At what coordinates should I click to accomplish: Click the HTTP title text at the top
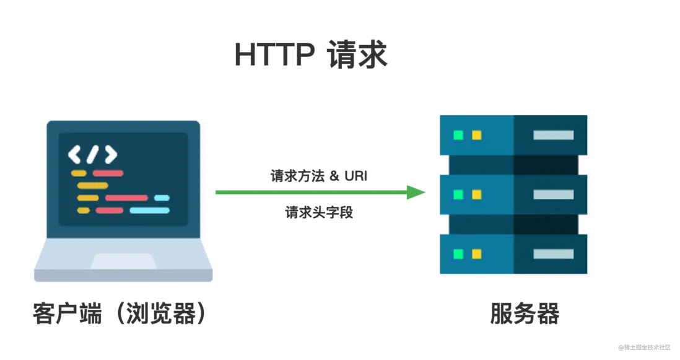[312, 56]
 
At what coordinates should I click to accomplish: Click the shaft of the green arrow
[310, 193]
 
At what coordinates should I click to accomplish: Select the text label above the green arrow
[320, 175]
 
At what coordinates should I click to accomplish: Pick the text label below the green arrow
[320, 214]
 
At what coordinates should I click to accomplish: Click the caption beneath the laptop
[118, 314]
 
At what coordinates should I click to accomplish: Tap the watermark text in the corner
[645, 347]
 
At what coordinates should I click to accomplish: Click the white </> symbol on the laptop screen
[92, 154]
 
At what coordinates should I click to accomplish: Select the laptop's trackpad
[123, 261]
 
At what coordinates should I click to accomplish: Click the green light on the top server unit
[458, 135]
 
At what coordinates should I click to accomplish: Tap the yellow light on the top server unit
[476, 135]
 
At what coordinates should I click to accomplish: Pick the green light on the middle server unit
[458, 195]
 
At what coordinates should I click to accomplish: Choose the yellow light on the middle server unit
[476, 195]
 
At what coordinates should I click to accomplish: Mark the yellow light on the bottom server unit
[476, 253]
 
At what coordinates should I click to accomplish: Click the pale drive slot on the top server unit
[553, 135]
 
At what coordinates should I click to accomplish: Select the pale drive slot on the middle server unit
[553, 195]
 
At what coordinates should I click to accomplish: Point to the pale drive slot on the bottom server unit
[553, 253]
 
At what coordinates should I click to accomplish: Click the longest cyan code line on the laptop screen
[149, 211]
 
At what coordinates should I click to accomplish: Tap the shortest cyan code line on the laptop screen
[162, 198]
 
